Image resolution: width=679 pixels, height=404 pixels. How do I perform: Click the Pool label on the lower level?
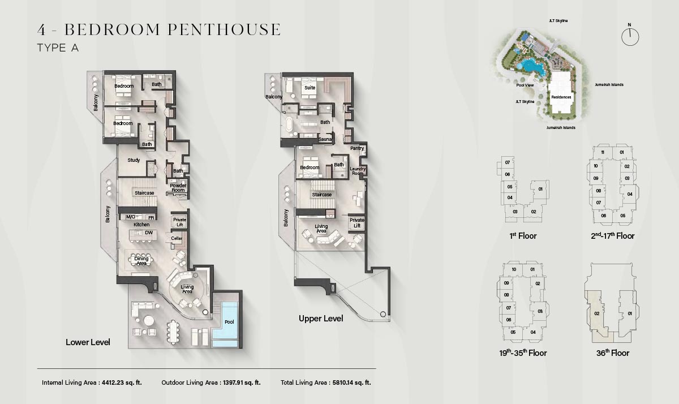click(x=229, y=322)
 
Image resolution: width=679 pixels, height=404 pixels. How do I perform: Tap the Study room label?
click(x=134, y=160)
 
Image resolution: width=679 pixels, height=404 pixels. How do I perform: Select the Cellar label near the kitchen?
click(x=177, y=238)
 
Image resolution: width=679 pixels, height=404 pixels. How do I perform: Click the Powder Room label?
click(x=178, y=188)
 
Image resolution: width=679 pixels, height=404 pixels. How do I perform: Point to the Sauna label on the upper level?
click(x=325, y=139)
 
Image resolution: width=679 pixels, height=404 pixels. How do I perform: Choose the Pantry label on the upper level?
click(x=357, y=148)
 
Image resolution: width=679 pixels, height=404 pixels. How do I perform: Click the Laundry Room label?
click(x=358, y=171)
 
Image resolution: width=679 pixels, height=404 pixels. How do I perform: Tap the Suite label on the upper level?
click(x=310, y=88)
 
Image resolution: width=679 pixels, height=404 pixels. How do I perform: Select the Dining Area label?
click(x=141, y=261)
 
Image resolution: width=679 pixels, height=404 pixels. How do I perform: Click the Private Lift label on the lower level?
click(x=180, y=222)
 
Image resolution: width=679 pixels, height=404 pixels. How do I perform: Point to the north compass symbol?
click(x=630, y=37)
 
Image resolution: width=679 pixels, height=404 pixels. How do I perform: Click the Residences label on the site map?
click(x=561, y=97)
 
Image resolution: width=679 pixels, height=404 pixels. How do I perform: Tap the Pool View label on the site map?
click(x=525, y=85)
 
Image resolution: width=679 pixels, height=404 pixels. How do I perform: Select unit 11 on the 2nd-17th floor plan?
click(x=603, y=152)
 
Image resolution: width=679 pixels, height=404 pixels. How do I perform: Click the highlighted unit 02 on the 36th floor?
click(x=596, y=313)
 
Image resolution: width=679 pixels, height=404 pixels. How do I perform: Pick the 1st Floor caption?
click(x=523, y=236)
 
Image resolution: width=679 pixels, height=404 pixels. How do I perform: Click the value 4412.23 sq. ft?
click(x=122, y=382)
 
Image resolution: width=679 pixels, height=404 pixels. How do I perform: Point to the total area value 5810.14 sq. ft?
click(x=351, y=382)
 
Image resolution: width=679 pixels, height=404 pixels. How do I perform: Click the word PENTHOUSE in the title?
click(x=224, y=29)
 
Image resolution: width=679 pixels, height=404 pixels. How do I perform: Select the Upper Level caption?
click(x=321, y=319)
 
